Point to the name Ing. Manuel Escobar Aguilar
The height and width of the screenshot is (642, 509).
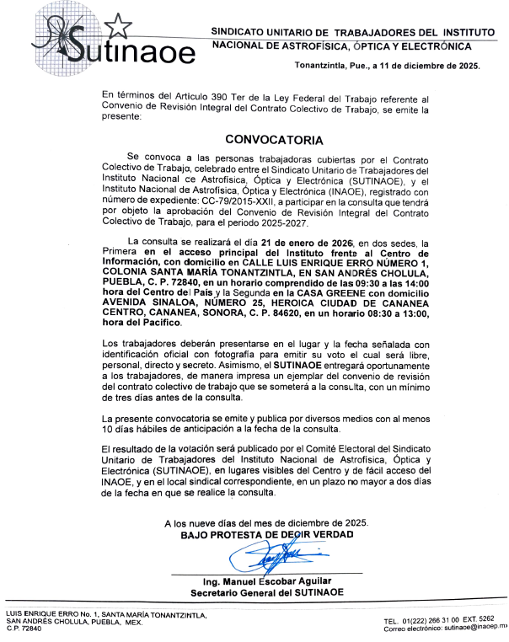tap(266, 583)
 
